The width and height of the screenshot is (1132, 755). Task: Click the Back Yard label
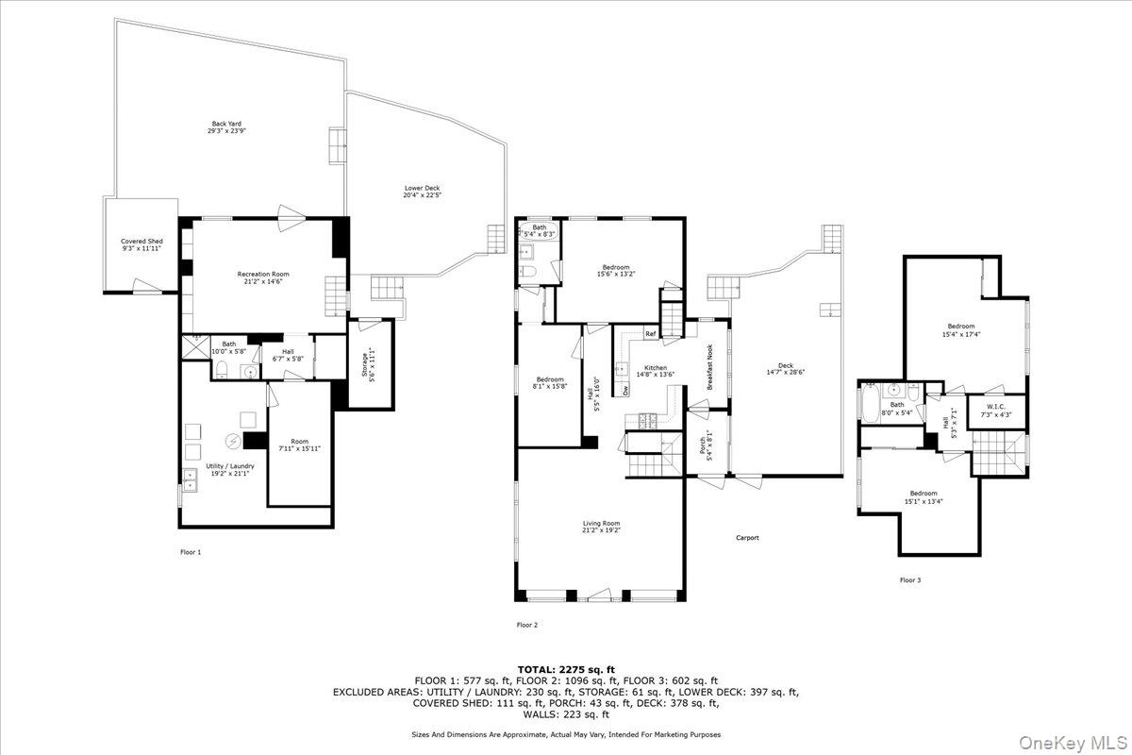click(x=225, y=126)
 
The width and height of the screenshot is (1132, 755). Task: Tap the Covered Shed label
click(x=141, y=245)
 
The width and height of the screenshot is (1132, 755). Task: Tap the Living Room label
click(x=601, y=527)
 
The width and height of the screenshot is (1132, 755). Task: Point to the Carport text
click(x=747, y=538)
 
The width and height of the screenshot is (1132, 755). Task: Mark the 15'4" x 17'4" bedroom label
click(x=961, y=329)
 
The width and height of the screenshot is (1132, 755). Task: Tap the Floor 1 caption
click(x=191, y=552)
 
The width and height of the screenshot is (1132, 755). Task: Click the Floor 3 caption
click(x=909, y=580)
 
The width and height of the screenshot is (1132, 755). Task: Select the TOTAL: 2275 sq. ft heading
click(x=565, y=669)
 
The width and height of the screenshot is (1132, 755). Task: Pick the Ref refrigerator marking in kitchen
click(x=650, y=334)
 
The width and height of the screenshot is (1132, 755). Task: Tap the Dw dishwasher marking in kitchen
click(x=624, y=389)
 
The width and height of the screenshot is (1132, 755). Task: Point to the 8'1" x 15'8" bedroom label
click(x=549, y=383)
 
